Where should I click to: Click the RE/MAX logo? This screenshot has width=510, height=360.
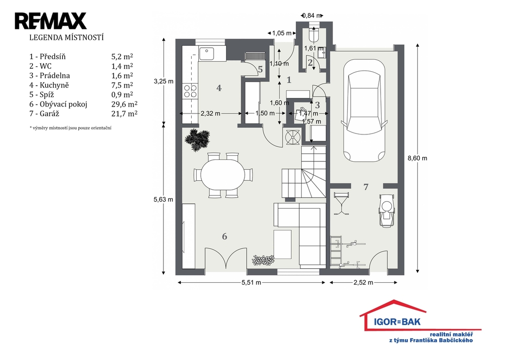pos(50,21)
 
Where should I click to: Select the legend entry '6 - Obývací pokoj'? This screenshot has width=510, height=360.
pos(58,105)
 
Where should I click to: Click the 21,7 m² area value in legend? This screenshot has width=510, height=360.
pos(124,114)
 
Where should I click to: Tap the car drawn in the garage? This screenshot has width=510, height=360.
pos(364,111)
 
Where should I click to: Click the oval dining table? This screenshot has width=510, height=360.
pos(223,175)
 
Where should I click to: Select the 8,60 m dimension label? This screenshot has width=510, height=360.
pos(417,158)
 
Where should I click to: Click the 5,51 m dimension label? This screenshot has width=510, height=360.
pos(251,283)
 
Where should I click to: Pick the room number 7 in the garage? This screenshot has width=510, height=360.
pos(366,187)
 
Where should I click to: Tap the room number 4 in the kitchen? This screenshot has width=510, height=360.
pos(219,88)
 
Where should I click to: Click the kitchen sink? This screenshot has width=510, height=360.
pos(207,54)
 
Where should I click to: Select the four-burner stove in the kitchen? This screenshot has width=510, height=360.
pos(190,91)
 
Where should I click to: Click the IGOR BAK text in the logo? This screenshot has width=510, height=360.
pos(397,322)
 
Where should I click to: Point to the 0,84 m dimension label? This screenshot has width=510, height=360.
pos(312,15)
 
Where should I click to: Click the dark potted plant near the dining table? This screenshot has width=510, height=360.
pos(197,140)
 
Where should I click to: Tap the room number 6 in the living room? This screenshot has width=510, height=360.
pos(225,237)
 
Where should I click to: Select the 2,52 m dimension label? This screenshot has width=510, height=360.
pos(363,283)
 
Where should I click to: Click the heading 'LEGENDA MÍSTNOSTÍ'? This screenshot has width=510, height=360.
pos(66,37)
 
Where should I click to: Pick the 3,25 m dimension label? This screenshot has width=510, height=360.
pos(163,81)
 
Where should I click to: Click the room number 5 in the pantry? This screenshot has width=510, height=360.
pos(260,69)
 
